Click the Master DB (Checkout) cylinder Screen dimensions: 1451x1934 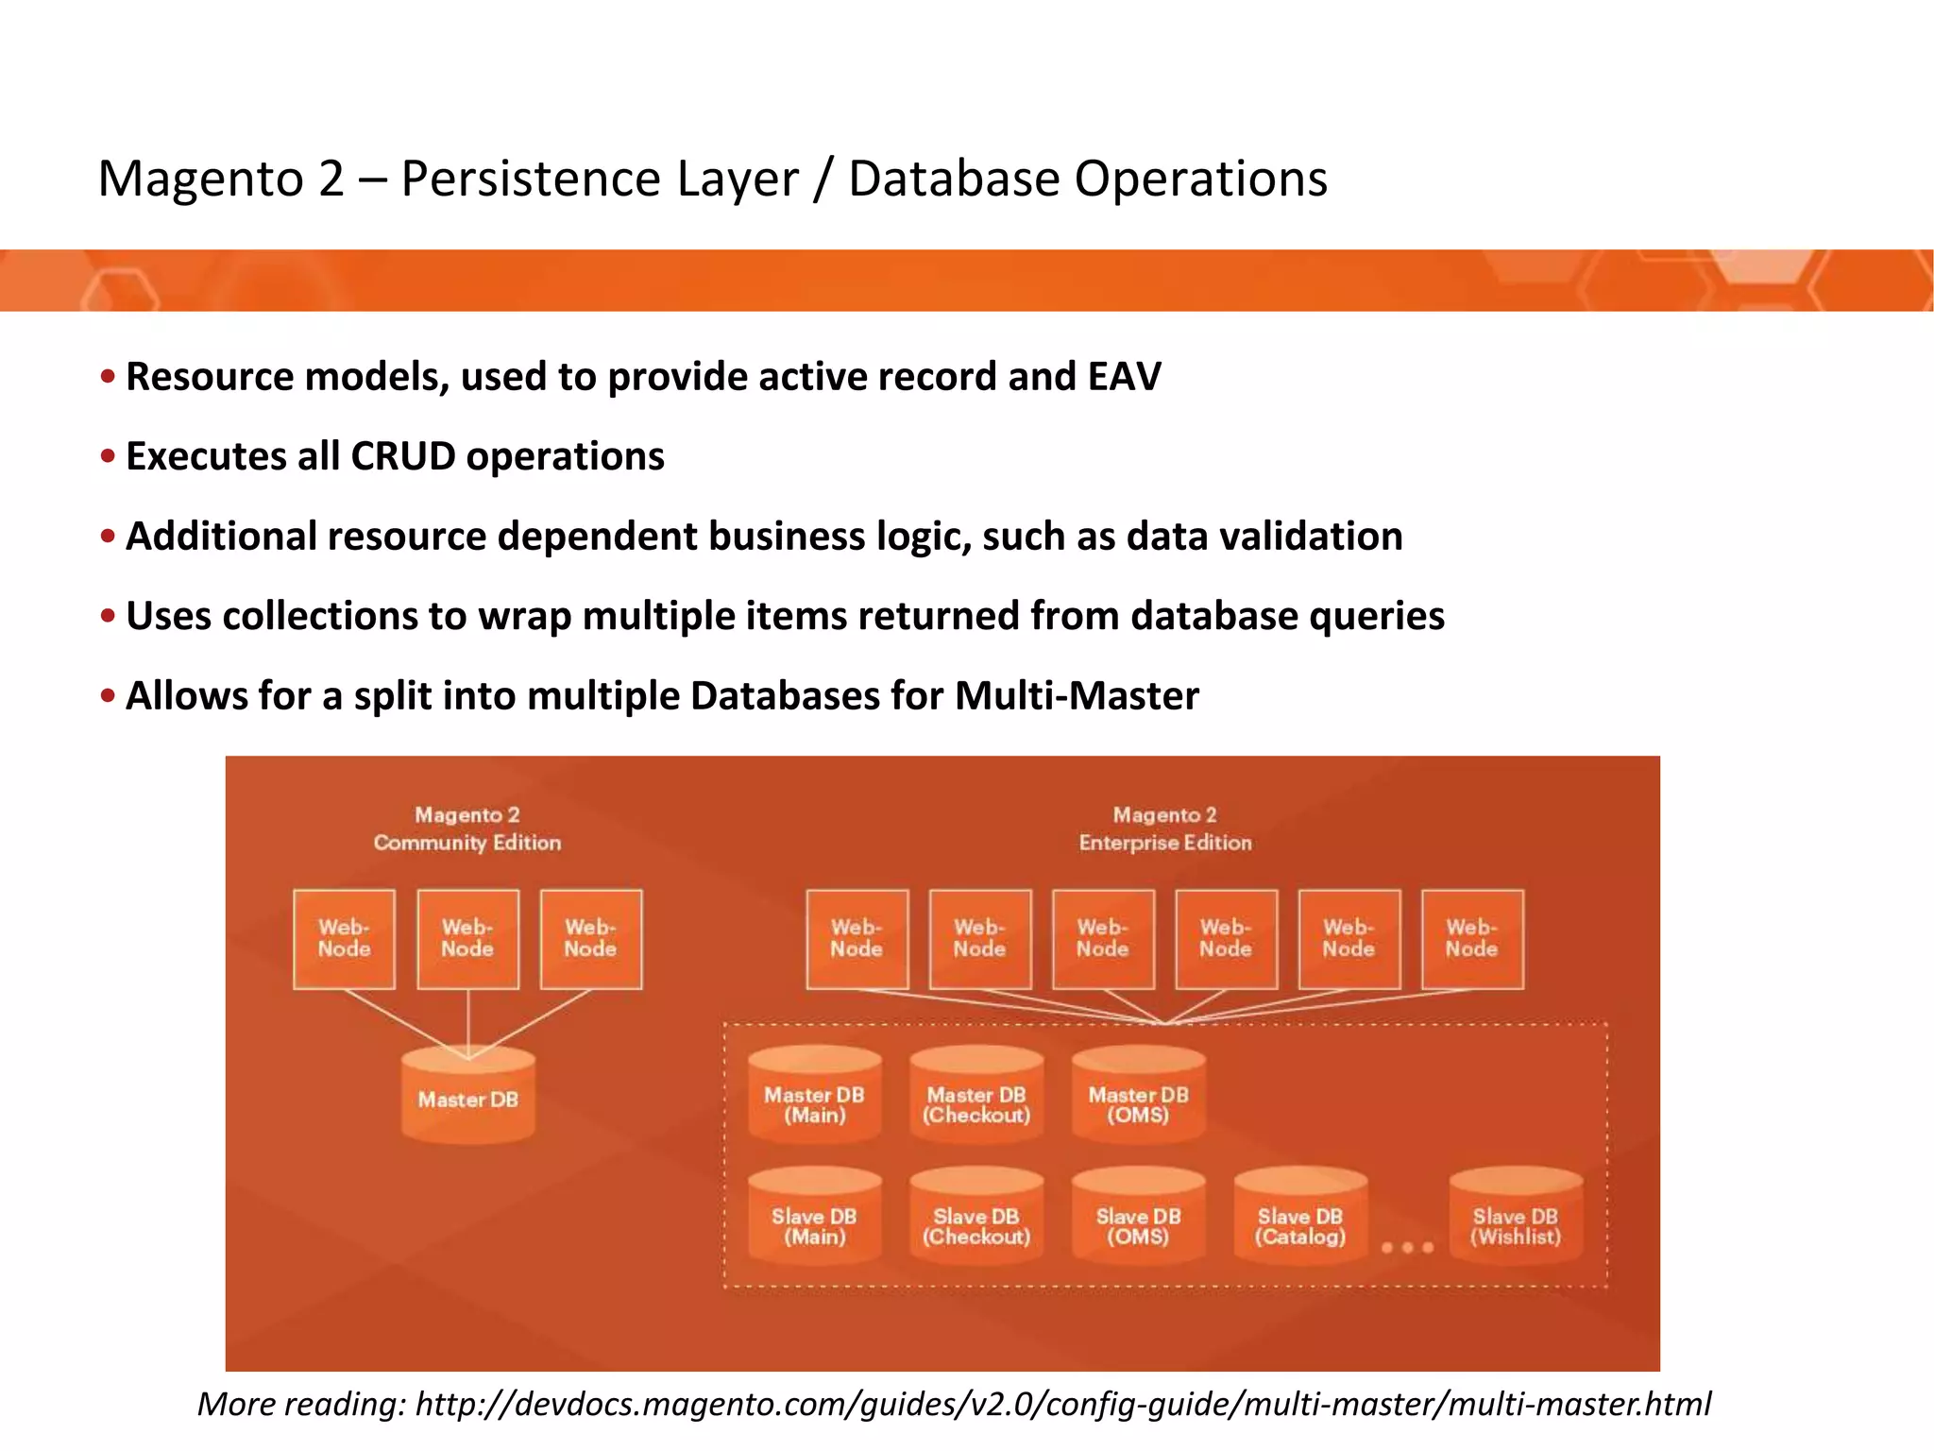coord(976,1097)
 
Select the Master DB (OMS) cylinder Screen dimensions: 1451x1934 coord(1138,1097)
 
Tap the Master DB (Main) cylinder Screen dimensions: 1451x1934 coord(814,1097)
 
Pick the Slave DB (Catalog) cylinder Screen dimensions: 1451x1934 coord(1300,1218)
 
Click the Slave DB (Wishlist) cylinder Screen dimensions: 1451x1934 coord(1516,1218)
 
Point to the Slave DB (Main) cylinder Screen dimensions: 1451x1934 coord(814,1218)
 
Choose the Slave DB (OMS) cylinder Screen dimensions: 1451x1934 coord(1138,1218)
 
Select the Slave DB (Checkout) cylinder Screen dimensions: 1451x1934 coord(976,1218)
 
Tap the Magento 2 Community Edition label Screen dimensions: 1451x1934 coord(467,828)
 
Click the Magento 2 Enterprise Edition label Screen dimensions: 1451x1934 coord(1165,828)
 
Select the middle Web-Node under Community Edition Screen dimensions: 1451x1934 coord(467,939)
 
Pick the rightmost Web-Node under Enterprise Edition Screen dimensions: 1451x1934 coord(1471,939)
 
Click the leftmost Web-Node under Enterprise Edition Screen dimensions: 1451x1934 coord(857,939)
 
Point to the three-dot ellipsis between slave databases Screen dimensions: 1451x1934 coord(1407,1248)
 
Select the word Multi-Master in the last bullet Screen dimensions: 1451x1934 coord(1077,696)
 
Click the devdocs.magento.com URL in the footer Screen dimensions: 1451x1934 coord(1062,1404)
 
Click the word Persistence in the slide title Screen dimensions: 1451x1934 coord(599,179)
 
